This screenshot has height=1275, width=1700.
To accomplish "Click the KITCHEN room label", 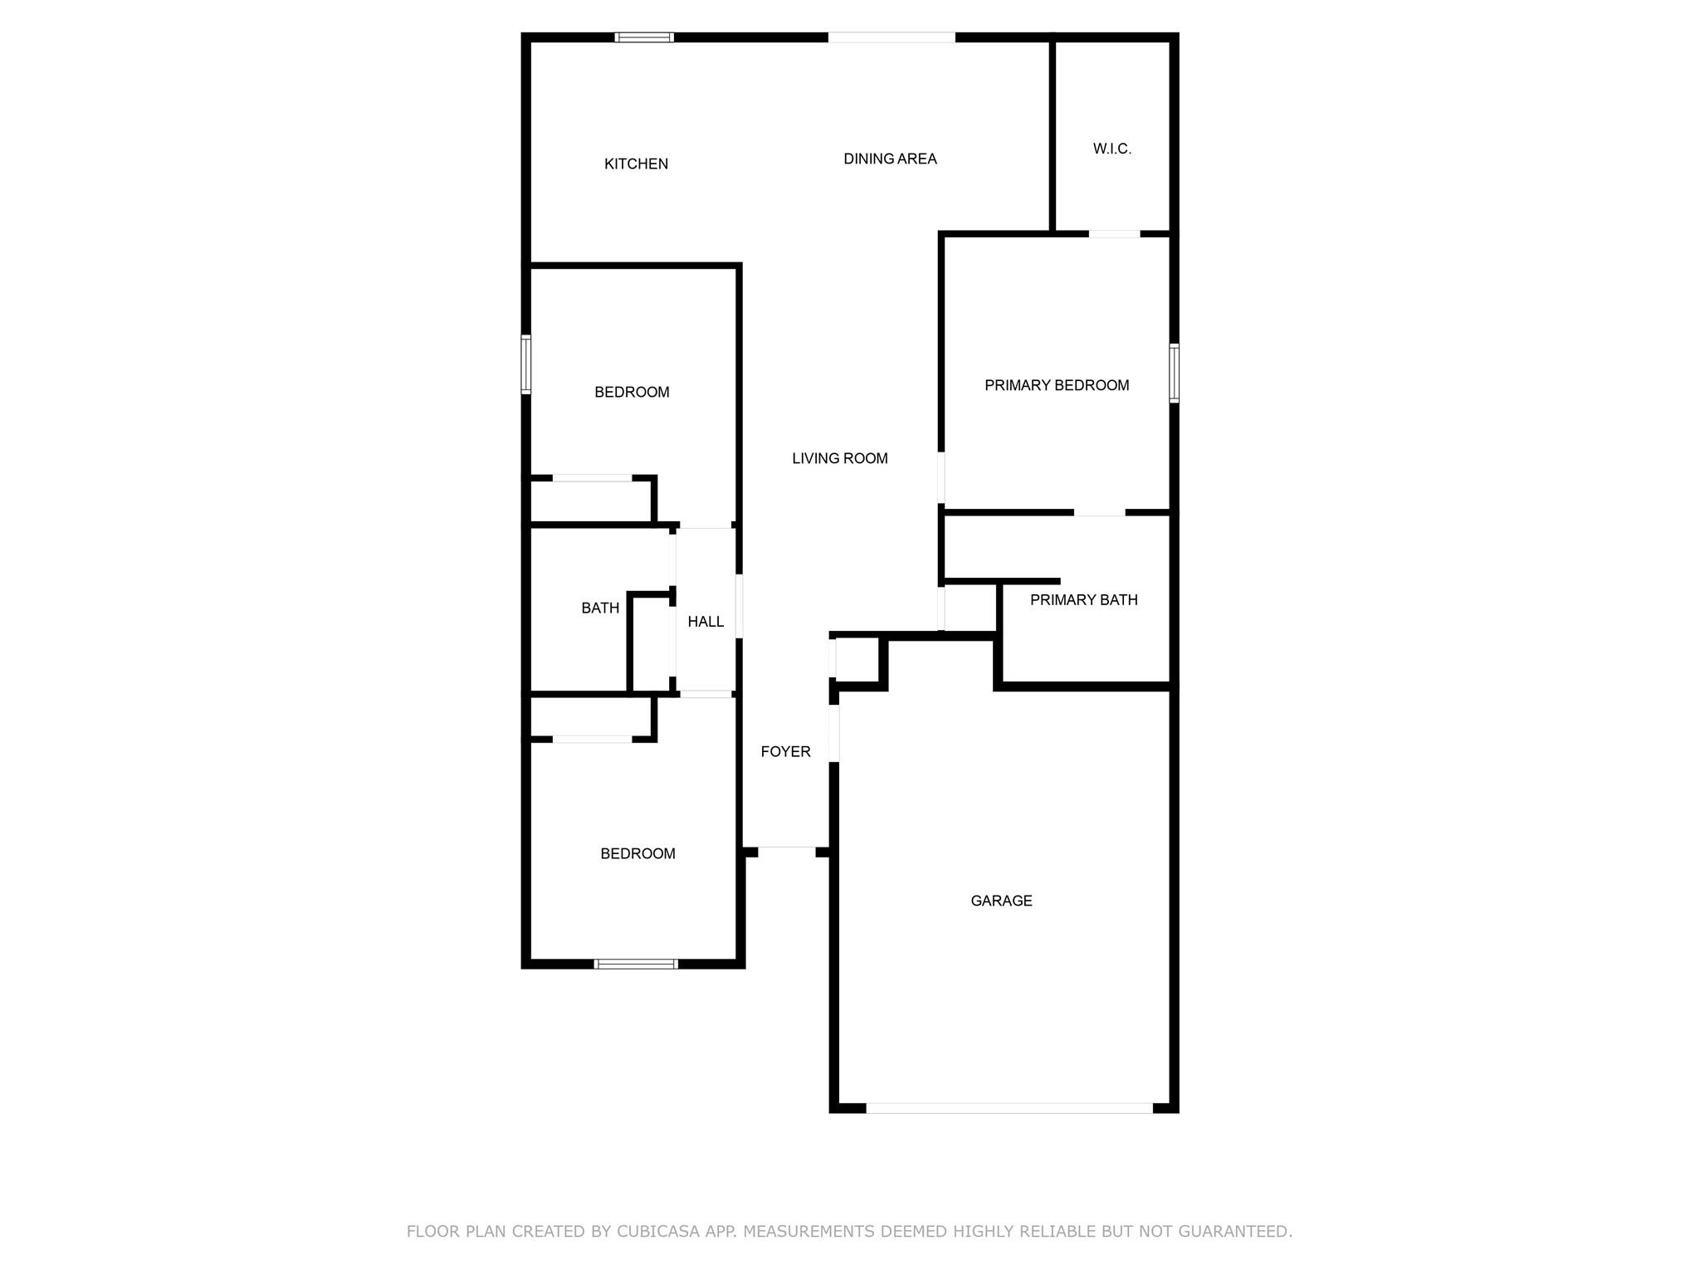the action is point(636,164).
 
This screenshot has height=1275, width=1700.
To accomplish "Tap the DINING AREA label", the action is point(890,159).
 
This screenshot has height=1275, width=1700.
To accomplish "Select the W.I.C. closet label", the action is point(1112,149).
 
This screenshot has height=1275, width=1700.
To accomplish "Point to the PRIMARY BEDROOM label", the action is point(1057,385).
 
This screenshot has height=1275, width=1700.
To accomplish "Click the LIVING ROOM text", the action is point(840,458).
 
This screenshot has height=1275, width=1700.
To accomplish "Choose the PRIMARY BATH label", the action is point(1083,600).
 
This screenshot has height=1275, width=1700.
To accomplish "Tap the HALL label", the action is point(706,622).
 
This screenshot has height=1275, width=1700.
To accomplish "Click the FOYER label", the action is point(786,752).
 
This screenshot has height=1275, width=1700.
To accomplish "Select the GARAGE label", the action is point(1001,901).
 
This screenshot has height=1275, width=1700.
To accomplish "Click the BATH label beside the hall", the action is point(600,608).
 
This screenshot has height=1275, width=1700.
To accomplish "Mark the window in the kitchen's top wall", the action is point(644,37).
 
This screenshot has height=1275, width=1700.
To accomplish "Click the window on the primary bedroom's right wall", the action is point(1174,374).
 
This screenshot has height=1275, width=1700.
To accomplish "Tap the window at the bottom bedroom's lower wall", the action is point(636,964).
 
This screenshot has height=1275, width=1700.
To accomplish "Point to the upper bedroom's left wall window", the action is point(526,364).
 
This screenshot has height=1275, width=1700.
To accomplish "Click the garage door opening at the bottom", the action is point(1009,1108).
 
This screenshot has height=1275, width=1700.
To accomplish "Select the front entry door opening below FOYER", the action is point(787,852).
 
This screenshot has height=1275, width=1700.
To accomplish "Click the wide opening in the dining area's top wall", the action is point(892,37).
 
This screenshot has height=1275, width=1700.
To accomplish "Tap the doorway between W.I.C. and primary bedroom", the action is point(1115,234).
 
